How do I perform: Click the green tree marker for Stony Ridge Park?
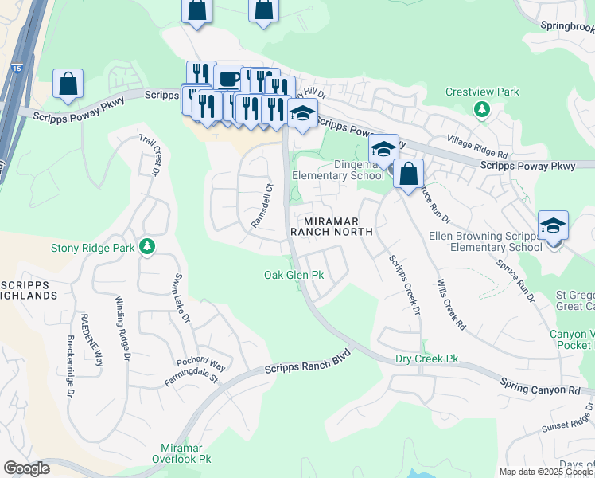146,247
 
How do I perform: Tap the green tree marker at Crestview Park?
481,108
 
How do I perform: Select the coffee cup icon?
228,79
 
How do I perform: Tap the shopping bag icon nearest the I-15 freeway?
68,84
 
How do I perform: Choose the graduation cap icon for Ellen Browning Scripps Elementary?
553,225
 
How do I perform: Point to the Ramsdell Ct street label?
262,207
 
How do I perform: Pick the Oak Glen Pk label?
294,275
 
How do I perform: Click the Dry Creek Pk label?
427,359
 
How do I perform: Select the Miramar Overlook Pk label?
181,453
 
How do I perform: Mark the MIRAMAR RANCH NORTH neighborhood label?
332,226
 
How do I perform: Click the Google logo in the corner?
26,468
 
